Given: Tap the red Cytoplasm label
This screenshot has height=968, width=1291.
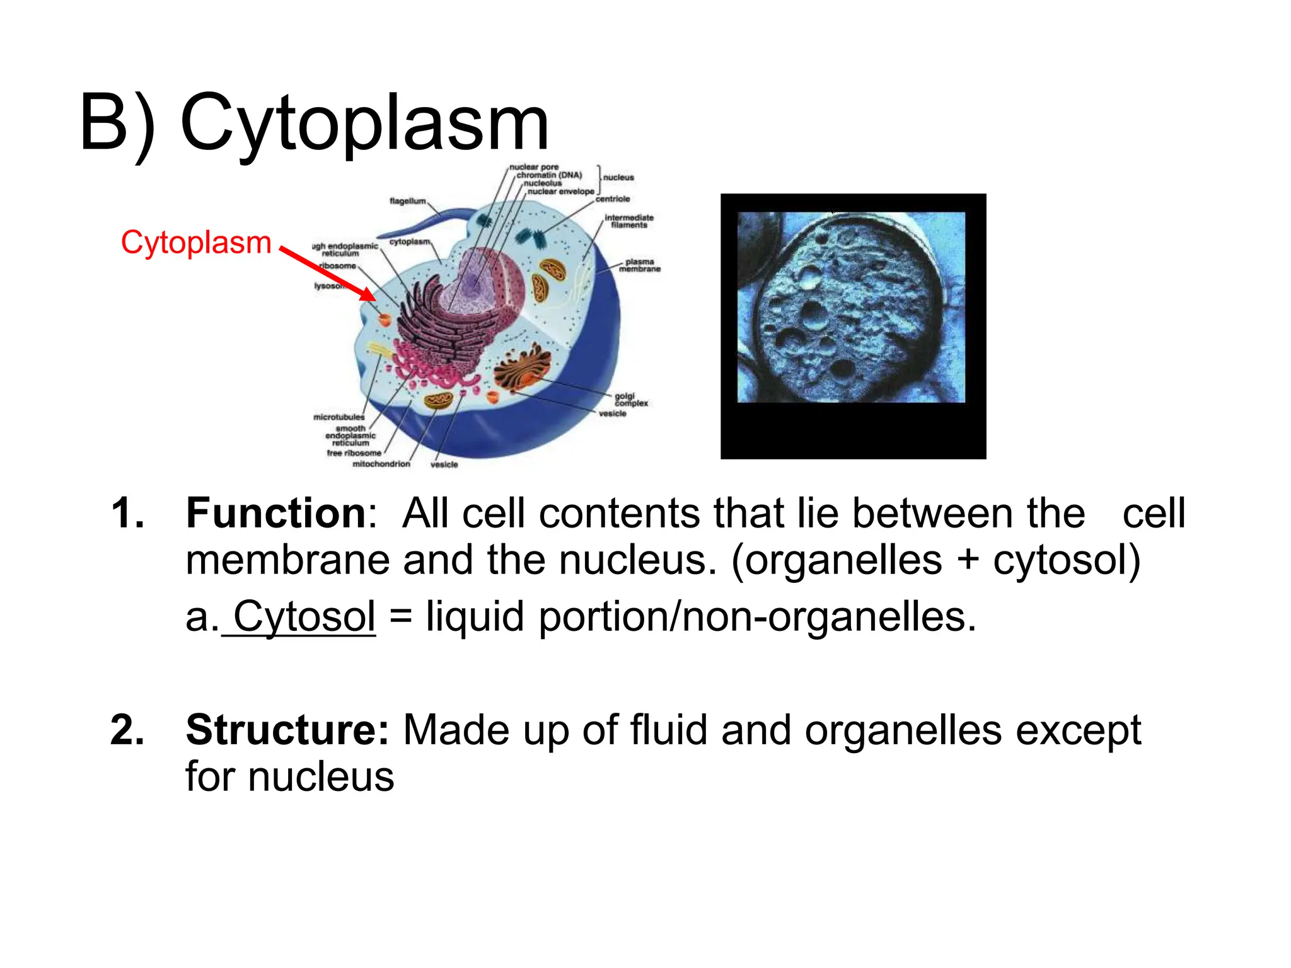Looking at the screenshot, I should [x=196, y=243].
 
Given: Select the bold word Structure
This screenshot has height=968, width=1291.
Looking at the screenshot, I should [x=287, y=730].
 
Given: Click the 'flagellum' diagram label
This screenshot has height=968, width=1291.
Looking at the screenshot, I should [x=407, y=201].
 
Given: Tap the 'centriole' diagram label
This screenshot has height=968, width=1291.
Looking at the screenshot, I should [x=612, y=199].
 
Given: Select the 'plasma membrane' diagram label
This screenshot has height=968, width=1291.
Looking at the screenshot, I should [x=639, y=265].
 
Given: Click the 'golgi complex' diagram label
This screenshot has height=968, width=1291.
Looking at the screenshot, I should [x=630, y=400].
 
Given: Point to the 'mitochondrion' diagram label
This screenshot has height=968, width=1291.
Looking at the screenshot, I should [x=381, y=464].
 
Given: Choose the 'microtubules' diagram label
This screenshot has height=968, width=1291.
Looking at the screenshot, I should [x=339, y=417].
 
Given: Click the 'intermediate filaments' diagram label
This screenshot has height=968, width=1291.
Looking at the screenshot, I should [x=628, y=221].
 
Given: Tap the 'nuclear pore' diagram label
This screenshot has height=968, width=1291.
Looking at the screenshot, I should [x=533, y=168].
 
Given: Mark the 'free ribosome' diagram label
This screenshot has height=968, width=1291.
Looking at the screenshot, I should [x=354, y=453].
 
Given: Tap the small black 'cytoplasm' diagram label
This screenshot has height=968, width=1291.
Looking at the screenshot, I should [x=410, y=242].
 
